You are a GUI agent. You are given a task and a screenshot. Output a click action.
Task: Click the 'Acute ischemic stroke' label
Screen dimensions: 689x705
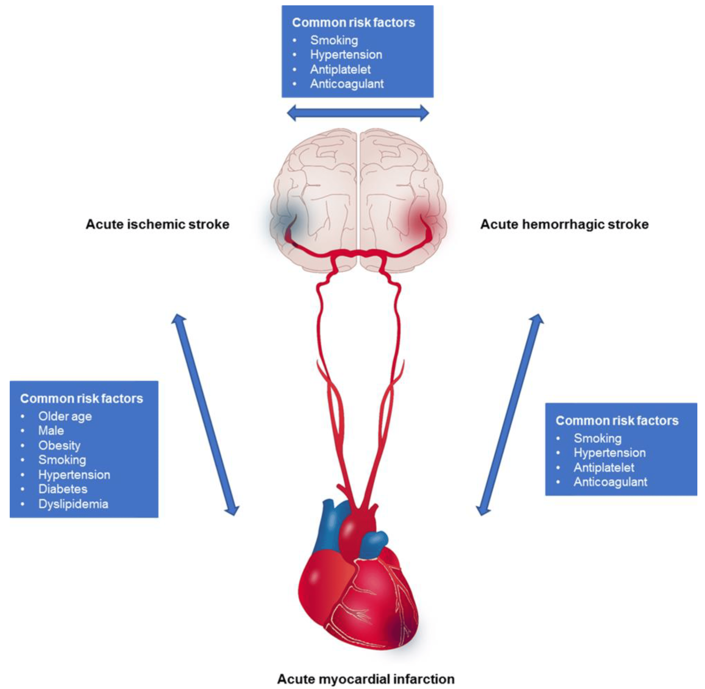(x=157, y=224)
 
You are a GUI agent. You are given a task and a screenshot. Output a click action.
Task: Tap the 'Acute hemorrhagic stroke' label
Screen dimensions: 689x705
(x=564, y=224)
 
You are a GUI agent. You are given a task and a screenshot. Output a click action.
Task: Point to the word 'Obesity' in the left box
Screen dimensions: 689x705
(x=59, y=446)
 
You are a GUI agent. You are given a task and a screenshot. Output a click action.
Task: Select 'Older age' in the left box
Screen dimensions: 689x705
(x=65, y=416)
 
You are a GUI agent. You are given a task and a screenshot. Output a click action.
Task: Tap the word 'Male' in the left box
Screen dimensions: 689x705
(x=51, y=431)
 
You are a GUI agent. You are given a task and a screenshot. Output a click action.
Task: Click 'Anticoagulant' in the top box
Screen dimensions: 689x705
(x=346, y=84)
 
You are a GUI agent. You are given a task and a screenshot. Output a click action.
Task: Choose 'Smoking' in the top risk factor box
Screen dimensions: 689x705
(x=334, y=40)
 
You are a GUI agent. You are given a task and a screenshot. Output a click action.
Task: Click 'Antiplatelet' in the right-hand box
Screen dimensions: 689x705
(x=604, y=468)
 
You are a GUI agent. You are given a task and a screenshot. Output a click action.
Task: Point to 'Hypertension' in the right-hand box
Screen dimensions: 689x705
(x=610, y=453)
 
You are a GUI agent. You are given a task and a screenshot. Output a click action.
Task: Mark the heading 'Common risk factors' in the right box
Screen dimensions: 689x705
(x=617, y=420)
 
